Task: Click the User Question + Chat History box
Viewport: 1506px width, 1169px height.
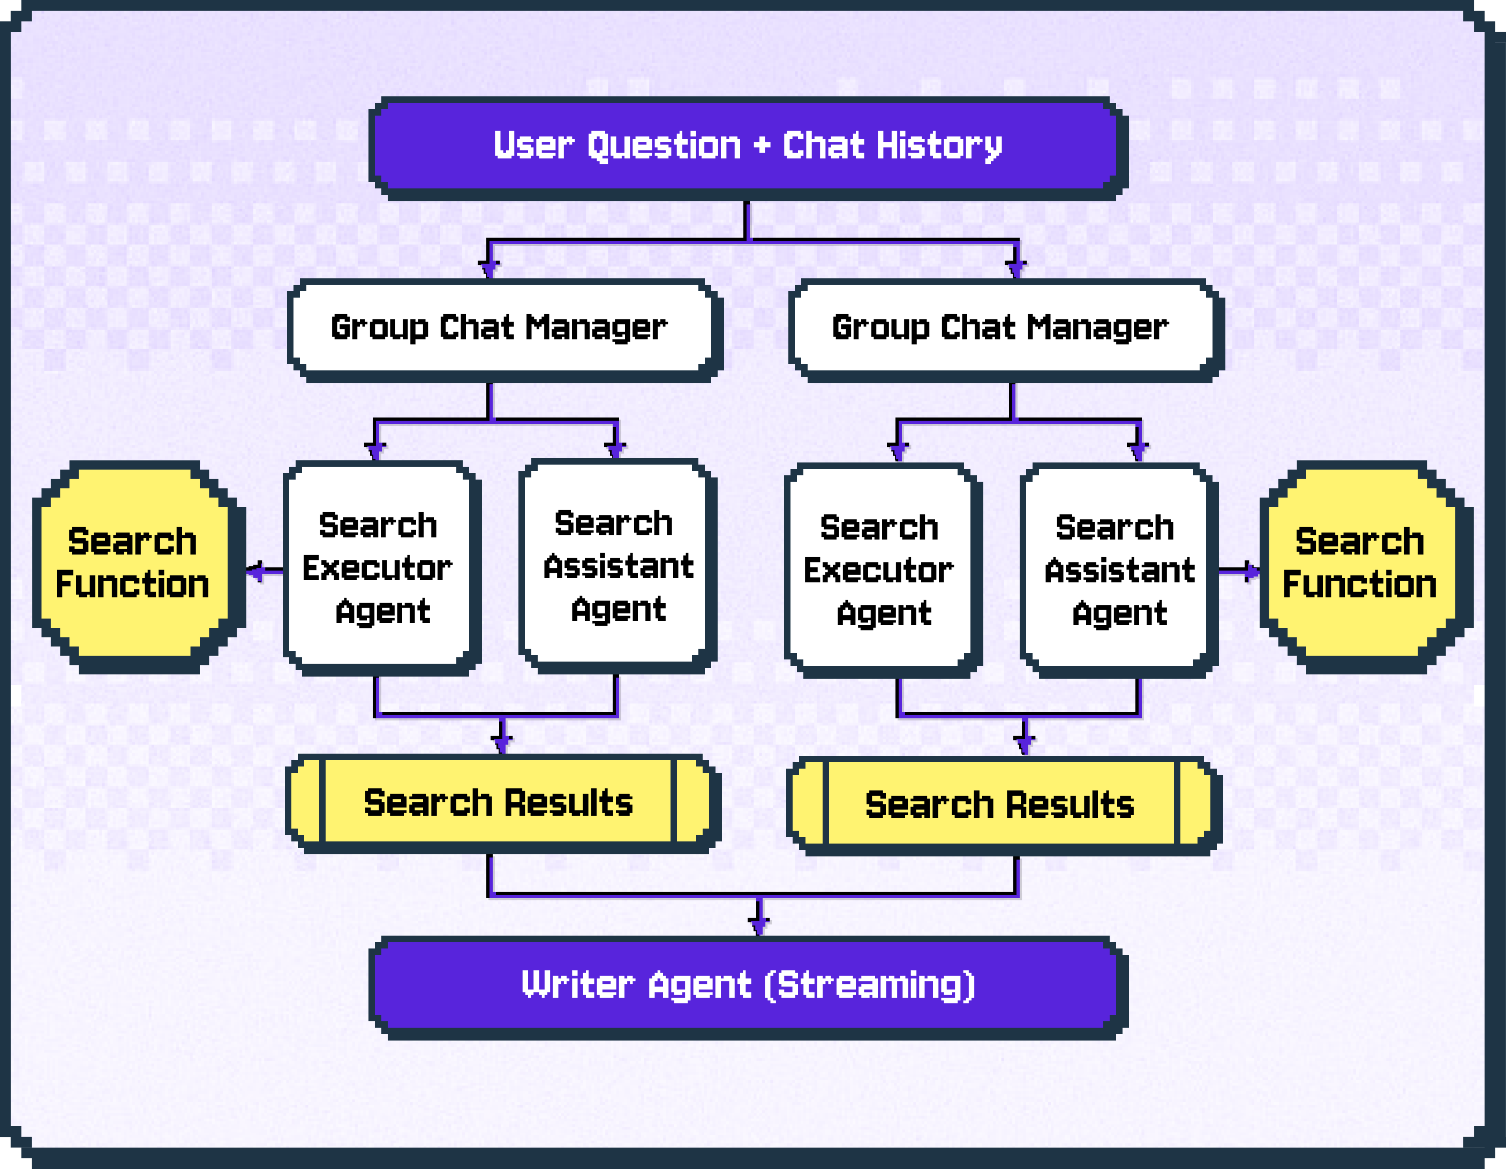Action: click(x=748, y=146)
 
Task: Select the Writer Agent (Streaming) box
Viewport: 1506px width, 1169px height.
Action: click(x=748, y=985)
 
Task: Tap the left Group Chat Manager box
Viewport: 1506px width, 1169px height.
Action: click(x=501, y=328)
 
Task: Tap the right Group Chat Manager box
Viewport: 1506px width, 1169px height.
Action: click(x=1003, y=328)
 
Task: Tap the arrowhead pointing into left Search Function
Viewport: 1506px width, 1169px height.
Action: click(x=255, y=571)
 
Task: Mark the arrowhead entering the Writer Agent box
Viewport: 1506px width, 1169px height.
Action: click(x=758, y=924)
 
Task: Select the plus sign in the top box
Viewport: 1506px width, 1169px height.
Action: click(x=761, y=146)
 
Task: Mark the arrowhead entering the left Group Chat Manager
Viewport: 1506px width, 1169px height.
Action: click(x=488, y=268)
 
